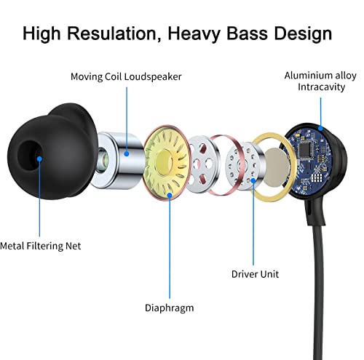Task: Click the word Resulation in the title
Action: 112,33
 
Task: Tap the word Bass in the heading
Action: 247,33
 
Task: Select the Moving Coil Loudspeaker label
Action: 126,77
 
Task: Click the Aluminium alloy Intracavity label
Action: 320,81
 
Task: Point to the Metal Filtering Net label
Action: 40,246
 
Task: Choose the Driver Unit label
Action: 255,274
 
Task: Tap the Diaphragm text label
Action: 169,308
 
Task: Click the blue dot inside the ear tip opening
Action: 39,159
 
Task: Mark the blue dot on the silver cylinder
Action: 127,153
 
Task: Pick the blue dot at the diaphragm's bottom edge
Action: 170,195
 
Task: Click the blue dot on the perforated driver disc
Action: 253,180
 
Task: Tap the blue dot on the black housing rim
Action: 320,128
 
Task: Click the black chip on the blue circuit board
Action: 306,149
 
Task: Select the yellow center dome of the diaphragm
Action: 165,161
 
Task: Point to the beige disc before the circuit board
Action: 277,167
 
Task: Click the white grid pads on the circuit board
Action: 316,178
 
